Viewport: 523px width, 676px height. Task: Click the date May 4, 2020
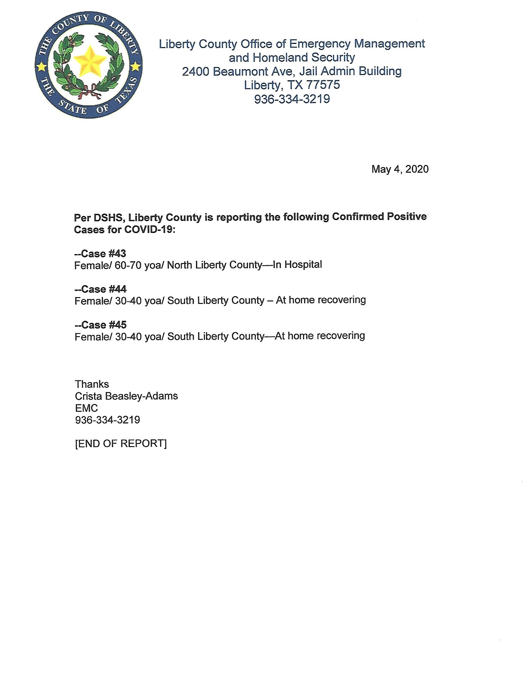400,169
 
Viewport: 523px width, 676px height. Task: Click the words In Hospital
297,264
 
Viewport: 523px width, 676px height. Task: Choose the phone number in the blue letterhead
292,99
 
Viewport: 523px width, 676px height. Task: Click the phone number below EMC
107,420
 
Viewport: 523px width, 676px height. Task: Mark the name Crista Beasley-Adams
126,396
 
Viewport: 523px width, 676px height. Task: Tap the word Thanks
92,384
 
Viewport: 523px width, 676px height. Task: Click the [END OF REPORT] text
121,443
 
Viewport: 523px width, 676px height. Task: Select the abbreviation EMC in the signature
86,408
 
